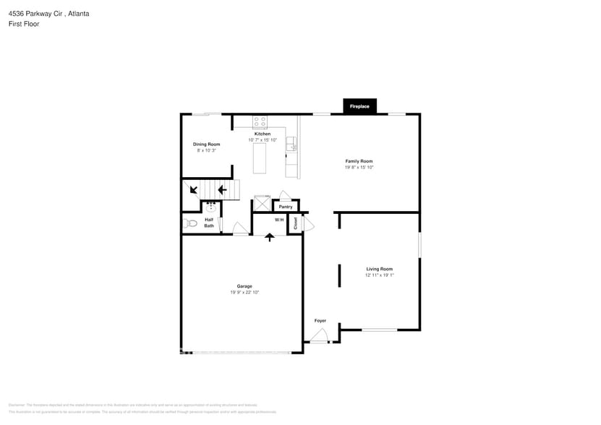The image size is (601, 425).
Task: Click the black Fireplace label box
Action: (359, 106)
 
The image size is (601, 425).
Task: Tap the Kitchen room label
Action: (263, 134)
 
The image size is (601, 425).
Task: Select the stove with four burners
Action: (260, 121)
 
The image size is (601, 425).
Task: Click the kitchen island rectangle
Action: (260, 158)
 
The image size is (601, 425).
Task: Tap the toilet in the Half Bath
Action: (190, 223)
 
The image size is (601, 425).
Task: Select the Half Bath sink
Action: (211, 207)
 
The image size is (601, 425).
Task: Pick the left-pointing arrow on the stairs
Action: (223, 191)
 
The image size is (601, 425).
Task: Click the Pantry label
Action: (286, 207)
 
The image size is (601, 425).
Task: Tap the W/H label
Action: (279, 220)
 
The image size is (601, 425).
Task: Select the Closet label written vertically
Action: (296, 224)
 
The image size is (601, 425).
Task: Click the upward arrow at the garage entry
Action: (270, 236)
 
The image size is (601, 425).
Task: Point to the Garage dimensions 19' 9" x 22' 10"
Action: (244, 292)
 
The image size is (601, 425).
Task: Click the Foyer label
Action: (320, 320)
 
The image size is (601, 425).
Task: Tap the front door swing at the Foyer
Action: (319, 335)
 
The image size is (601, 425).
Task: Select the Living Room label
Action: (379, 269)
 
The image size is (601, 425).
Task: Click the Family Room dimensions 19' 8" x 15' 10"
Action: (359, 167)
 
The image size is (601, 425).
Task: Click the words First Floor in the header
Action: (24, 24)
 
